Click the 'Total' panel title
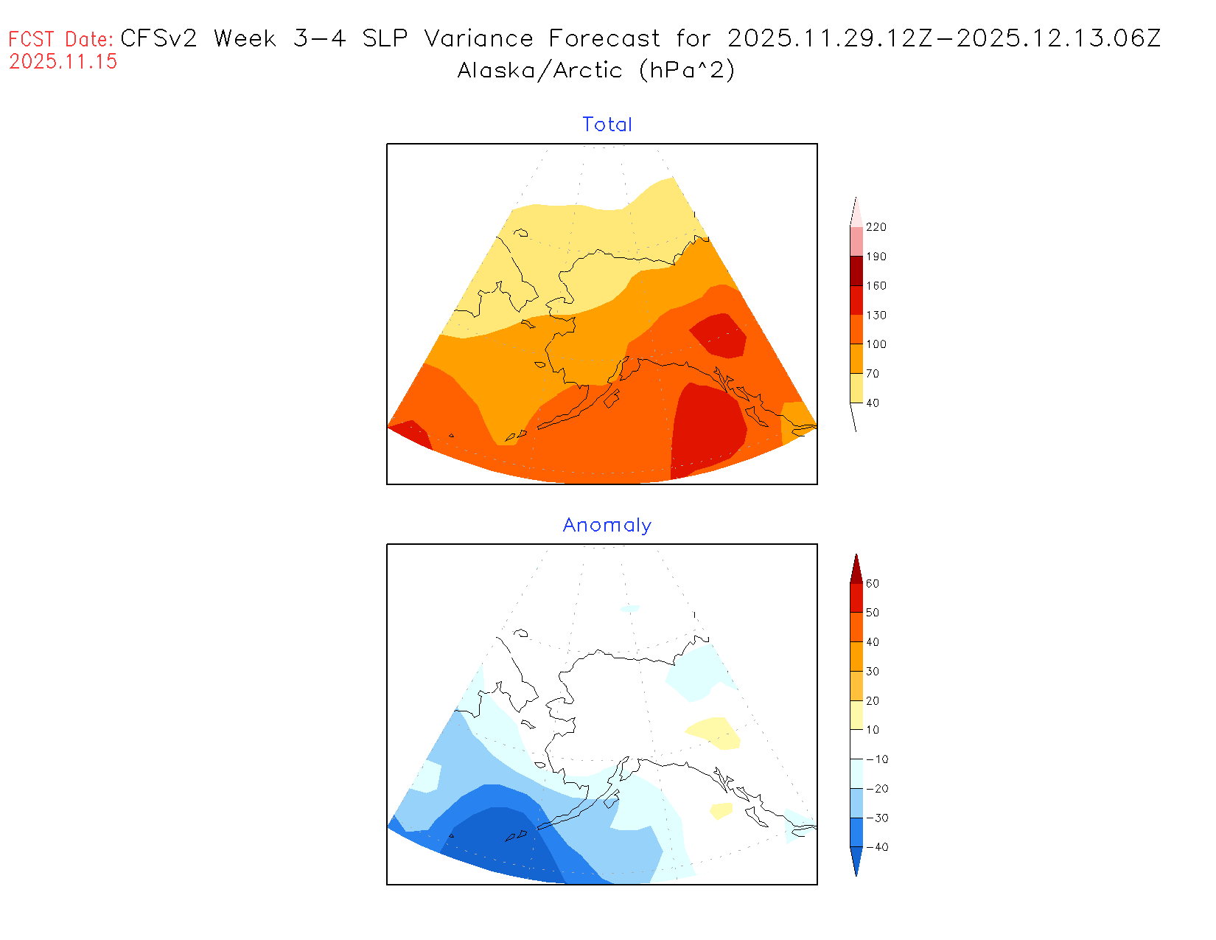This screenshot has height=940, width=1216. [607, 125]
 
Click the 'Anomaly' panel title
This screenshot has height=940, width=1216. [607, 525]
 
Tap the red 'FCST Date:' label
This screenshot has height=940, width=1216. [61, 39]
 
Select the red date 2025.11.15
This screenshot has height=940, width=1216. [63, 62]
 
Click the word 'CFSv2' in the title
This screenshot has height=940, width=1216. [158, 38]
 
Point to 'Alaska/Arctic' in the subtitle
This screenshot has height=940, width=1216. [539, 71]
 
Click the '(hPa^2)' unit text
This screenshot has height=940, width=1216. [687, 71]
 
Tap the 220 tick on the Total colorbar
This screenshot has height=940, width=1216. [876, 227]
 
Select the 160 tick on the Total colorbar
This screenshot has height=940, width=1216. [876, 286]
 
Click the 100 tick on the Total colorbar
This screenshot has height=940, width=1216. [876, 344]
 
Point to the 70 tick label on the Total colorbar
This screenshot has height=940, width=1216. [873, 374]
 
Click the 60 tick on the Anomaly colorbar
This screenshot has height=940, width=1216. [873, 584]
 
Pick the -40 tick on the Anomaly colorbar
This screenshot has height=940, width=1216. [876, 847]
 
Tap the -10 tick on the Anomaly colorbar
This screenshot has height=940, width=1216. [876, 759]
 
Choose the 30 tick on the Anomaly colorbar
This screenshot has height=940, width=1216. [873, 672]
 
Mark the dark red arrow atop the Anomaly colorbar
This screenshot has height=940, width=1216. [856, 569]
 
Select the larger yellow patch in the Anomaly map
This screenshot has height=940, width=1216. [713, 733]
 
